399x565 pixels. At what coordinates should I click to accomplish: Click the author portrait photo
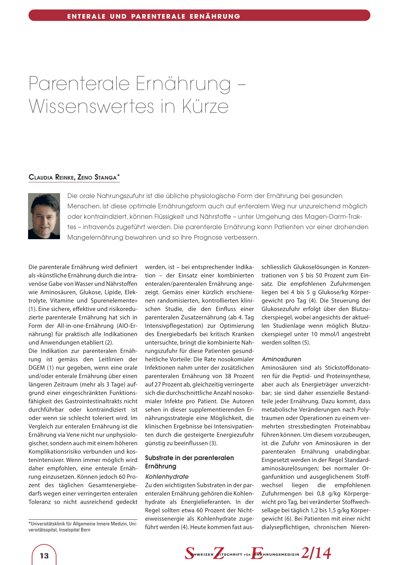44,216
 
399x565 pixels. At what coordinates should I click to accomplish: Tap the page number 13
44,556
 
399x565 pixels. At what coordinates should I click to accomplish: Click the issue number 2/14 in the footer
316,553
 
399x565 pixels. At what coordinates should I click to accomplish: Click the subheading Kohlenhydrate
167,476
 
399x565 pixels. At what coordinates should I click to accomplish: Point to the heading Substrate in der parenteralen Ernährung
189,462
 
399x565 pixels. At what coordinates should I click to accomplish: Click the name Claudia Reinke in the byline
51,177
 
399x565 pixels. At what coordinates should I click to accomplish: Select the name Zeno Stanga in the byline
97,177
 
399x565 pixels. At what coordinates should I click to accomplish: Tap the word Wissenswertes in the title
91,106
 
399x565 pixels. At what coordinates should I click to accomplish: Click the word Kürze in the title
204,106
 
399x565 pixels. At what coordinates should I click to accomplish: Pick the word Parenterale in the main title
79,84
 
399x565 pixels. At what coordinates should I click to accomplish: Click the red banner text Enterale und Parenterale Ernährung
154,16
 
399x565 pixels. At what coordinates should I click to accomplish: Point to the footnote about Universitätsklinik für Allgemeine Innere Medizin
83,526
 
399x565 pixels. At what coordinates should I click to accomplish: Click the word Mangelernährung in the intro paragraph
95,237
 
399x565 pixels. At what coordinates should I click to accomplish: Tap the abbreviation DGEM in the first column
37,368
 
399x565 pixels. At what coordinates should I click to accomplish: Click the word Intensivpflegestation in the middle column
174,325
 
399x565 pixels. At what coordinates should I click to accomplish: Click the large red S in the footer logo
190,553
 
